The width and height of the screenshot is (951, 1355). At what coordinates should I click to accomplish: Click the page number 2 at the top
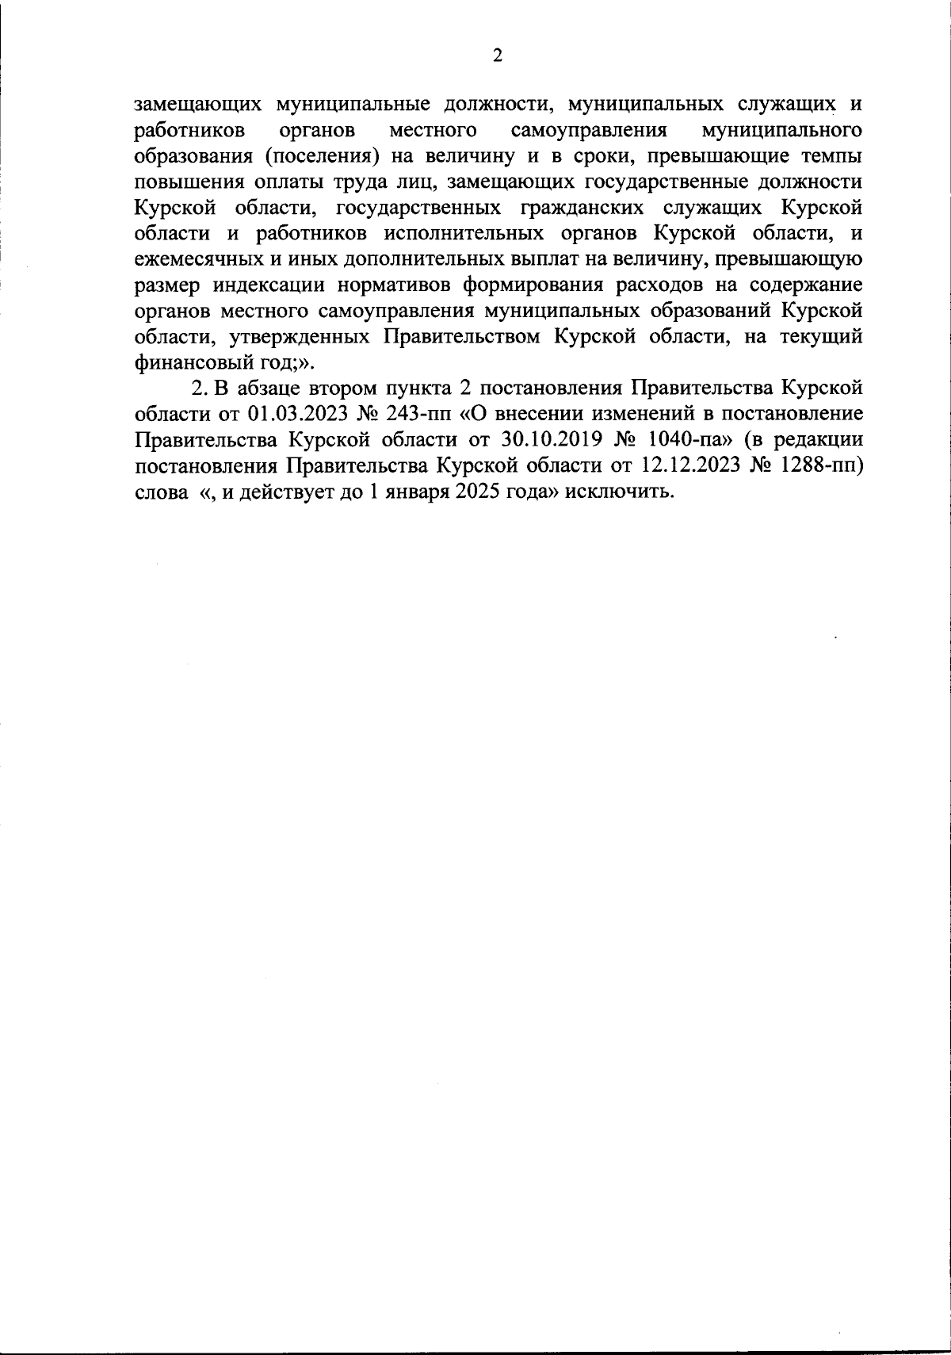point(498,55)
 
